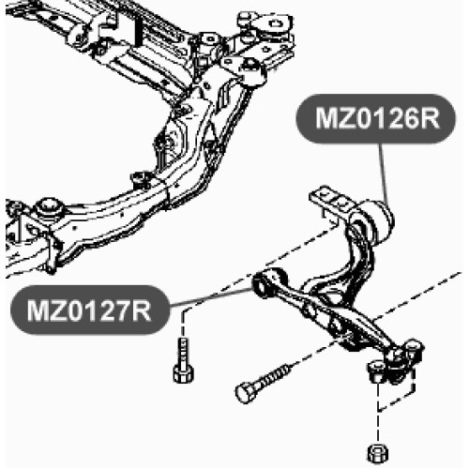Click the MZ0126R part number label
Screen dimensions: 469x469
pos(375,118)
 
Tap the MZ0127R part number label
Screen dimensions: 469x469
pos(89,310)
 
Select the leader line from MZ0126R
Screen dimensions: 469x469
pos(385,174)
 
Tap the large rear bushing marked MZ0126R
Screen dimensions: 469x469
pos(375,223)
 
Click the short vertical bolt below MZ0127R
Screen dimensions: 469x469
pos(184,360)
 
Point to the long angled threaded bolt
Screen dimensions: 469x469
pos(264,383)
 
